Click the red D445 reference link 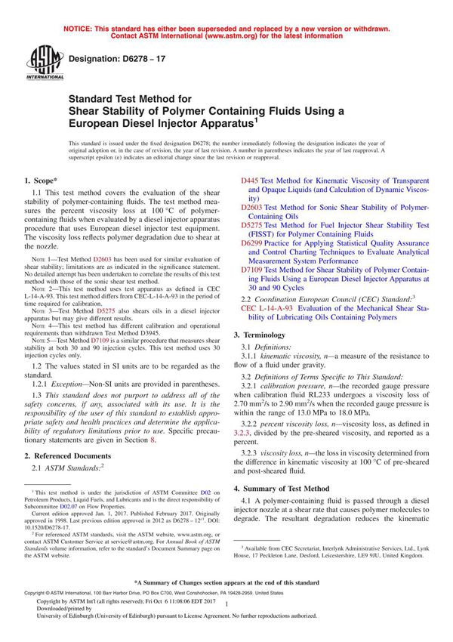pyautogui.click(x=250, y=181)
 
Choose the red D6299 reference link pyautogui.click(x=253, y=244)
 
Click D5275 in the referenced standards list pyautogui.click(x=253, y=224)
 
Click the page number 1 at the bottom pyautogui.click(x=226, y=616)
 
